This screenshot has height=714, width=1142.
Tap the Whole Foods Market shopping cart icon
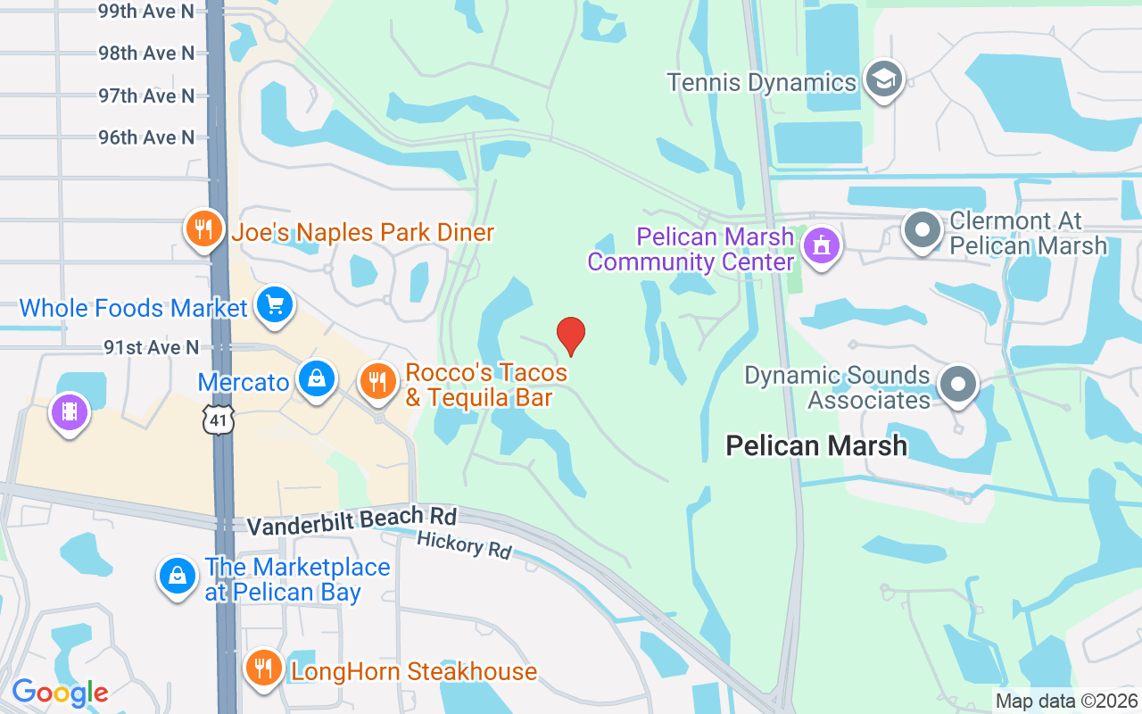coord(274,306)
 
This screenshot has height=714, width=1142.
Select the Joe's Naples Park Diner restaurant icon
coord(204,230)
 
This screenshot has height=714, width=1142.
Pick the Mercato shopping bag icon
coord(317,380)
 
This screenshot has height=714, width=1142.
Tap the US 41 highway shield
coord(218,419)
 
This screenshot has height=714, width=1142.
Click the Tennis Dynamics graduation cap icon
coord(883,80)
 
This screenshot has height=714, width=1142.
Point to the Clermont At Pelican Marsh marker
coord(923,229)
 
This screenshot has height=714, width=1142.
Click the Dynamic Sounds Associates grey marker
coord(958,386)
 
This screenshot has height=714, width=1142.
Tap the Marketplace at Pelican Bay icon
coord(178,577)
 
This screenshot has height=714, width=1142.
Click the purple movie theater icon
coord(70,412)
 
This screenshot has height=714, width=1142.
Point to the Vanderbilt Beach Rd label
coord(352,521)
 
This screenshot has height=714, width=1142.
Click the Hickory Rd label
coord(464,544)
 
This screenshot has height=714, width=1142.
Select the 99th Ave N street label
coord(146,12)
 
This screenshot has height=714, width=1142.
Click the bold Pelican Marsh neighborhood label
coord(816,445)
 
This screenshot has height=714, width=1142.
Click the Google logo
coord(60,693)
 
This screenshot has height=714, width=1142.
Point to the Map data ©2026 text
coord(1066,701)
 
